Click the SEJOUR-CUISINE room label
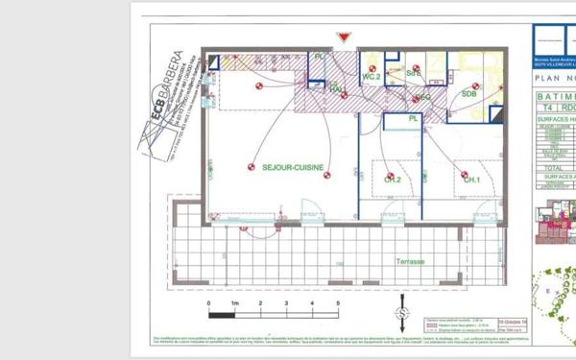coord(293,167)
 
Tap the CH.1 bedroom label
coord(471,180)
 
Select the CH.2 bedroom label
coord(393,180)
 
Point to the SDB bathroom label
coord(468,94)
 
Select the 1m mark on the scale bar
coord(234,303)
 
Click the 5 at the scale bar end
coord(337,303)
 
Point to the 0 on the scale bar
coord(208,303)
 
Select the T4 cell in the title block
coord(544,108)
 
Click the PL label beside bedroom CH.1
coord(413,119)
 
